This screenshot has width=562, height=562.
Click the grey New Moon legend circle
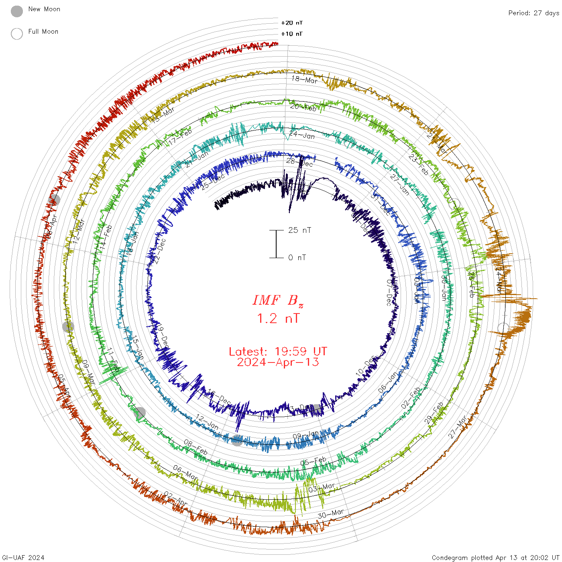coord(17,12)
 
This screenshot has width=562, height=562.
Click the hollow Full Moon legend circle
coord(17,34)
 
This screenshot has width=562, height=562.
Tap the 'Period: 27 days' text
coord(533,13)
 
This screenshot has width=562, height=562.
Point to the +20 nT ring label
coord(292,23)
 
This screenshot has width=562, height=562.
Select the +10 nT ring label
coord(292,34)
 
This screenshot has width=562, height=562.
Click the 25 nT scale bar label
coord(299,230)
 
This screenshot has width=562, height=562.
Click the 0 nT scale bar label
coord(297,257)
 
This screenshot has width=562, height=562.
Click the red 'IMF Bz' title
coord(278,300)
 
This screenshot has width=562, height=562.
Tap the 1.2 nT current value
coord(278,318)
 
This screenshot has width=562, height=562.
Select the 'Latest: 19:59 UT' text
coord(278,352)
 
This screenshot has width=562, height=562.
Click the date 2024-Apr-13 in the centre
coord(278,362)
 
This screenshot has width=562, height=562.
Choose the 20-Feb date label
coord(303,107)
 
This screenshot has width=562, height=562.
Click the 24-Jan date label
coord(302,135)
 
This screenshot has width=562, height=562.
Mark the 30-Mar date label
coord(331,514)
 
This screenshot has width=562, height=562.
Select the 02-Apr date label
coord(175,499)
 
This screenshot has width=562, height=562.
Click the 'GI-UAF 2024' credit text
coord(23,558)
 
